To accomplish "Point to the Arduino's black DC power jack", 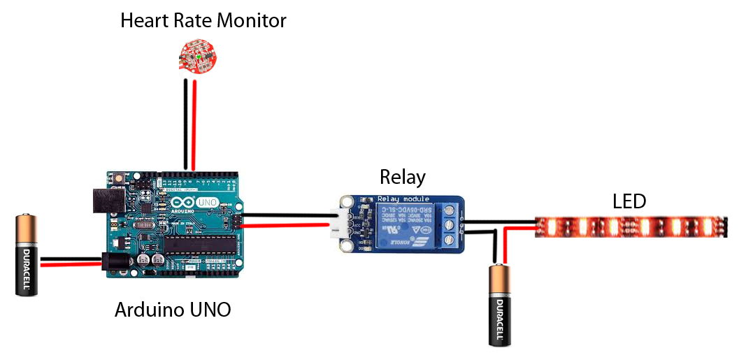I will [112, 262].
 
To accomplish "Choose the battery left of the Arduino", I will [27, 255].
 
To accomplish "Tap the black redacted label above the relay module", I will [403, 178].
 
